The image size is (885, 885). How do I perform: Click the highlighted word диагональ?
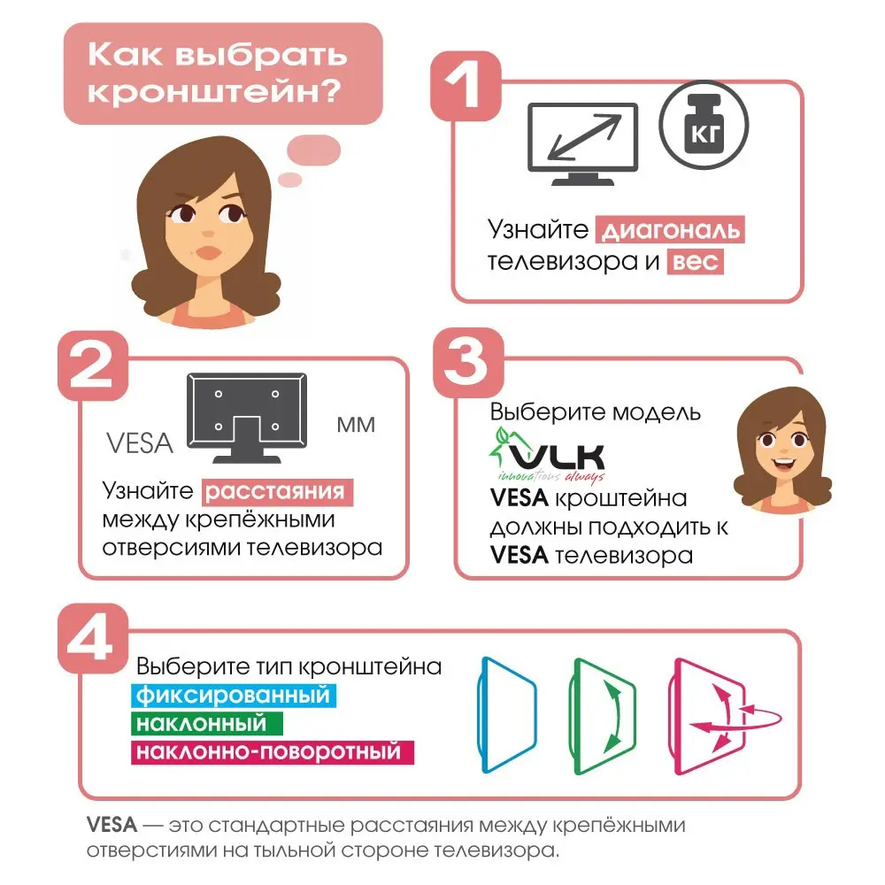[670, 231]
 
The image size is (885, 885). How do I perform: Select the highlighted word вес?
[695, 262]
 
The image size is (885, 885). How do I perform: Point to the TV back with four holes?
[247, 416]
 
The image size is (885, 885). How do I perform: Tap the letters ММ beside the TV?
[356, 426]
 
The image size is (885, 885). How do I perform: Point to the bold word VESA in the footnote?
[112, 826]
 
